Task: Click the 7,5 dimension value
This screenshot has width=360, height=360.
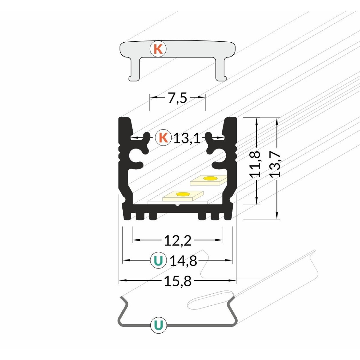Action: tap(177, 98)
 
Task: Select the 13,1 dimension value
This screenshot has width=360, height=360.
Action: tap(187, 138)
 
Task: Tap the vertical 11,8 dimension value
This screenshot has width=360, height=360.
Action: tap(254, 164)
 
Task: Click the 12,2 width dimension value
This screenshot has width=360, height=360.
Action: tap(178, 241)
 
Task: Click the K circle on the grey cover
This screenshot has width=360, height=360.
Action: tap(158, 49)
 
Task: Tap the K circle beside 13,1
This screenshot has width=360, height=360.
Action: tap(163, 138)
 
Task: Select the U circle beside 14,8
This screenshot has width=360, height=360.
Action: tap(159, 260)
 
